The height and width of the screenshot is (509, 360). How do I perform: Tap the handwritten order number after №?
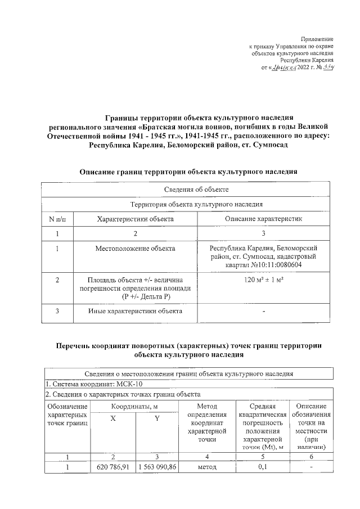tap(328, 68)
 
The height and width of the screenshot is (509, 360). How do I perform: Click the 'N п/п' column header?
tap(57, 218)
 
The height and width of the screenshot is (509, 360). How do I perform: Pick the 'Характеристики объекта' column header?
tap(135, 218)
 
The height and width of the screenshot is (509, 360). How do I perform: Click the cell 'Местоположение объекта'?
tap(135, 248)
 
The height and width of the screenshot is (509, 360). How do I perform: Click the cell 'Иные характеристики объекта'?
tap(135, 311)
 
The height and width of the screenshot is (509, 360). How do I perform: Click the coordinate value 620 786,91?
tap(113, 467)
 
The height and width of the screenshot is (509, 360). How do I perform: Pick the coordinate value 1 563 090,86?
tap(157, 467)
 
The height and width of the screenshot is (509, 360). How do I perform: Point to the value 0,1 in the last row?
tap(262, 467)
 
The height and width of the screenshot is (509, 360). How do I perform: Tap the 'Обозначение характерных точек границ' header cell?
tap(67, 415)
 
